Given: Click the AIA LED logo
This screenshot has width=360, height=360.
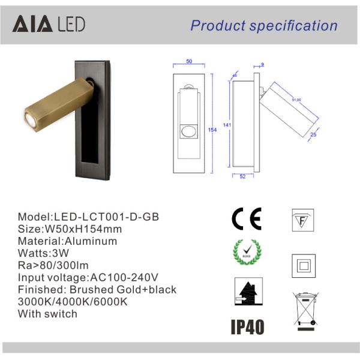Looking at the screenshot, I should pos(50,23).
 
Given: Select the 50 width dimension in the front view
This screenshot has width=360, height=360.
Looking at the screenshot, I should pos(188,62).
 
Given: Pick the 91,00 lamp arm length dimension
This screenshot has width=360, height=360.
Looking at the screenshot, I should pos(297,100).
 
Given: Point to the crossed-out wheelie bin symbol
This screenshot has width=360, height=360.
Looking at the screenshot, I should pos(305,310).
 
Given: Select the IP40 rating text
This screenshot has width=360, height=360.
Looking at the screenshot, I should pos(247,327).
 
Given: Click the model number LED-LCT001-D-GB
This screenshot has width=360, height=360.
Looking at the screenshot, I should pos(107,217).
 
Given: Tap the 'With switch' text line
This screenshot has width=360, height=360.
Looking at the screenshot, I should pos(47,314).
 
